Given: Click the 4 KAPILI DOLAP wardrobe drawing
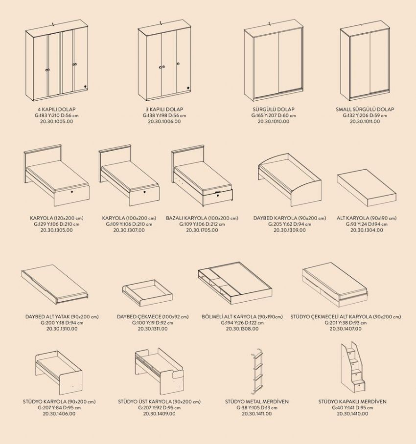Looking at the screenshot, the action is pyautogui.click(x=57, y=61).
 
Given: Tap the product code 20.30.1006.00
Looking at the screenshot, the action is pyautogui.click(x=164, y=121).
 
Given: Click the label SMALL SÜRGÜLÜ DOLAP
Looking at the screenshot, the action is pyautogui.click(x=365, y=110).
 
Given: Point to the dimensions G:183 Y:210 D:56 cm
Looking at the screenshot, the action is pyautogui.click(x=57, y=115).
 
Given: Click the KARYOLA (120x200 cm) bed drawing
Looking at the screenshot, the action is pyautogui.click(x=57, y=176).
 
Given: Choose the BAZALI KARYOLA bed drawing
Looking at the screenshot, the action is pyautogui.click(x=202, y=176).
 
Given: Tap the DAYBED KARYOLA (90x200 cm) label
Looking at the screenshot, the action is pyautogui.click(x=290, y=218).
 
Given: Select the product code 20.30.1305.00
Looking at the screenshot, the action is pyautogui.click(x=57, y=230).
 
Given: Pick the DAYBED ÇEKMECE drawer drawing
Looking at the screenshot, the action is pyautogui.click(x=147, y=293).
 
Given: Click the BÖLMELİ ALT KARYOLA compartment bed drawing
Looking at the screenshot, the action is pyautogui.click(x=235, y=283).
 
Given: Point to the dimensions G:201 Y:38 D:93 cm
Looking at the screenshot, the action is pyautogui.click(x=346, y=323).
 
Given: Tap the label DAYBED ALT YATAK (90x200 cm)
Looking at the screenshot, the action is pyautogui.click(x=62, y=316).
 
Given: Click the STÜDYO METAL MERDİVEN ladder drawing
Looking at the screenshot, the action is pyautogui.click(x=257, y=371).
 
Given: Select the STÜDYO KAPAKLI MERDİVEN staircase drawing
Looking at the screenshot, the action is pyautogui.click(x=353, y=367).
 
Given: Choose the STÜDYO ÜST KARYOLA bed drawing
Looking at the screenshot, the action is pyautogui.click(x=160, y=372).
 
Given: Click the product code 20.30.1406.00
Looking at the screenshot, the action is pyautogui.click(x=59, y=414).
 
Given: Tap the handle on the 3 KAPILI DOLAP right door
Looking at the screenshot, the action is pyautogui.click(x=178, y=64).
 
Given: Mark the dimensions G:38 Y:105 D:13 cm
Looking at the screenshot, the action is pyautogui.click(x=257, y=408).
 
